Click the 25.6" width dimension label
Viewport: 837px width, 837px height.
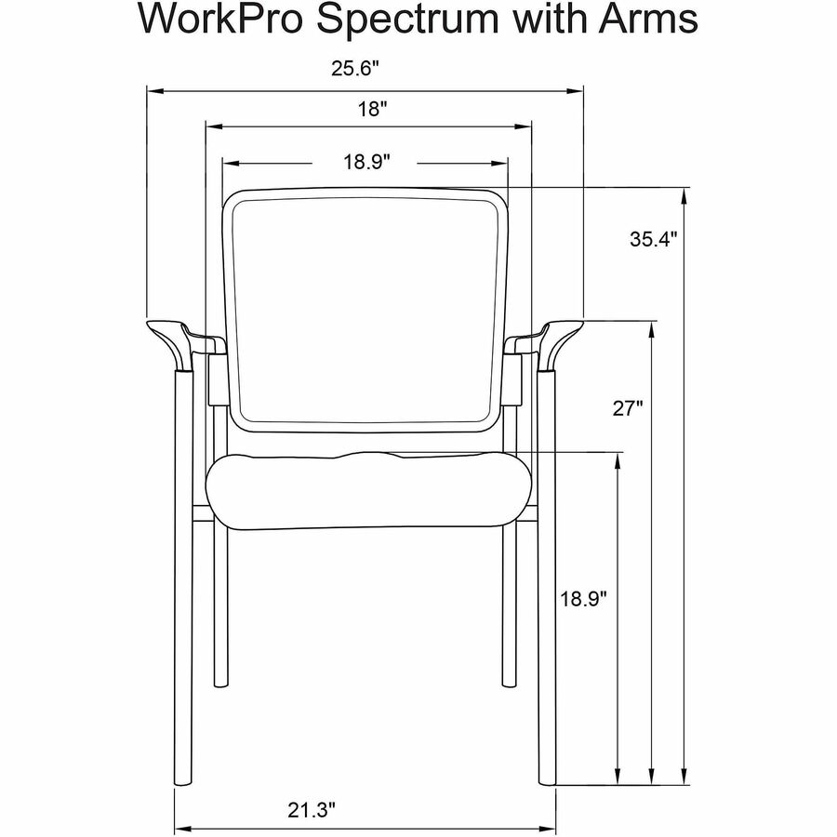tap(355, 68)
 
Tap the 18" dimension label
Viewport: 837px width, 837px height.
tap(371, 109)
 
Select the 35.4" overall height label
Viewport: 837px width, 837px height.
tap(654, 239)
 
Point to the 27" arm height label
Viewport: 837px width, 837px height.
tap(627, 408)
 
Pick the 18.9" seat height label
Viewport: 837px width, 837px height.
tap(583, 598)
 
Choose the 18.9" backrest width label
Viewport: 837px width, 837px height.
tap(366, 161)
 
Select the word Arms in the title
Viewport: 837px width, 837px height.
tap(647, 20)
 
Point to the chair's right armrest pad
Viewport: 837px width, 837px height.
tap(561, 341)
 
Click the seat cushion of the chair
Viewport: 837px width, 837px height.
tap(370, 490)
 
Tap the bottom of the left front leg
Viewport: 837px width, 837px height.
tap(182, 781)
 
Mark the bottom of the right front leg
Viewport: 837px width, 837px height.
tap(547, 781)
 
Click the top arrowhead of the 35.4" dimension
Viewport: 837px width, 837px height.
tap(684, 196)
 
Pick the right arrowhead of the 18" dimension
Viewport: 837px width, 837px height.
tap(522, 126)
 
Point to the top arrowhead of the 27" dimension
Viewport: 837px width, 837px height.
tap(651, 330)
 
